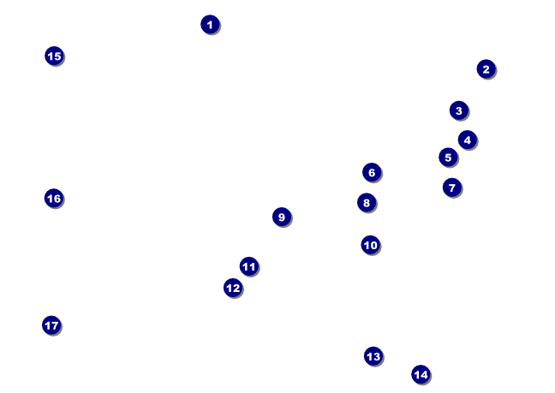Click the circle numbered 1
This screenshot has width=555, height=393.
click(x=210, y=25)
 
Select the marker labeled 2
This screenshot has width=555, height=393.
click(x=486, y=69)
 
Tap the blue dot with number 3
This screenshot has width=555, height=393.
click(x=458, y=110)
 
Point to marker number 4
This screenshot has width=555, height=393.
click(x=467, y=140)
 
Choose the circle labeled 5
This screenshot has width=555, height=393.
click(x=448, y=158)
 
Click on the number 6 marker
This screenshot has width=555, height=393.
click(x=371, y=173)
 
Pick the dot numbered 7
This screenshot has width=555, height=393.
click(x=452, y=187)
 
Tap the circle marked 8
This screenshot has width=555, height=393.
click(x=367, y=203)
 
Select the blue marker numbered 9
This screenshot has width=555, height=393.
click(x=282, y=217)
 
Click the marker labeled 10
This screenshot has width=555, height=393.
click(x=370, y=245)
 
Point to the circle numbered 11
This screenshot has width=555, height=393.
click(x=248, y=266)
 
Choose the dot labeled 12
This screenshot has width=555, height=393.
click(x=233, y=288)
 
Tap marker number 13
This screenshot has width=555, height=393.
click(x=373, y=356)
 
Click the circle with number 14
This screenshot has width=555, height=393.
click(x=421, y=374)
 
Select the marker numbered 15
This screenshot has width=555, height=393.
click(x=54, y=56)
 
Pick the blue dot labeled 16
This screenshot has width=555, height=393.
click(x=53, y=198)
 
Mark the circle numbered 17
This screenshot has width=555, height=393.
click(x=51, y=325)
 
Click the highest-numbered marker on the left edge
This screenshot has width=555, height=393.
click(x=51, y=325)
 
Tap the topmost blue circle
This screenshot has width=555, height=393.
click(x=210, y=25)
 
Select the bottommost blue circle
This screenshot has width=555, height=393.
click(x=421, y=374)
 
